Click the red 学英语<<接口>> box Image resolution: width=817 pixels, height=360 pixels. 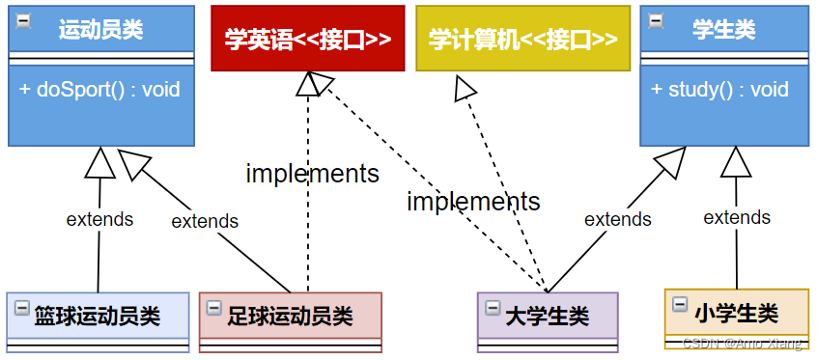(x=308, y=39)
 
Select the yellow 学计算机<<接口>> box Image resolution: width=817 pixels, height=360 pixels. (x=522, y=39)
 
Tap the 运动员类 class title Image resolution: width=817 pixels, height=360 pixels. (x=100, y=29)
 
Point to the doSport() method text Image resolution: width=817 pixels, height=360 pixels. (x=99, y=90)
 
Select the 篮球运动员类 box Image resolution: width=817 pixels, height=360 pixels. (x=97, y=316)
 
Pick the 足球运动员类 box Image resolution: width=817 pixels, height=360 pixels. (x=290, y=316)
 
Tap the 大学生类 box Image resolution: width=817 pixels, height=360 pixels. (x=548, y=316)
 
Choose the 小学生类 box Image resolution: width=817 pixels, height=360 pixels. (x=736, y=313)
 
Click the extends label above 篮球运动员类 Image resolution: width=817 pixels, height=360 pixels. (x=99, y=219)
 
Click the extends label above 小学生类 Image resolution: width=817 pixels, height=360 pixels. (x=737, y=217)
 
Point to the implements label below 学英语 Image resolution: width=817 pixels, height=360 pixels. (x=312, y=174)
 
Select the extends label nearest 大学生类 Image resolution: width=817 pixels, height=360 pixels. (x=618, y=219)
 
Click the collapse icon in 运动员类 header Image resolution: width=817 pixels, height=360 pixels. (x=21, y=19)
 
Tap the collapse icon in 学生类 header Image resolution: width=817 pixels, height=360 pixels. (x=656, y=19)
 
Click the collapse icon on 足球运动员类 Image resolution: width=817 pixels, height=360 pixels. (x=214, y=308)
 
